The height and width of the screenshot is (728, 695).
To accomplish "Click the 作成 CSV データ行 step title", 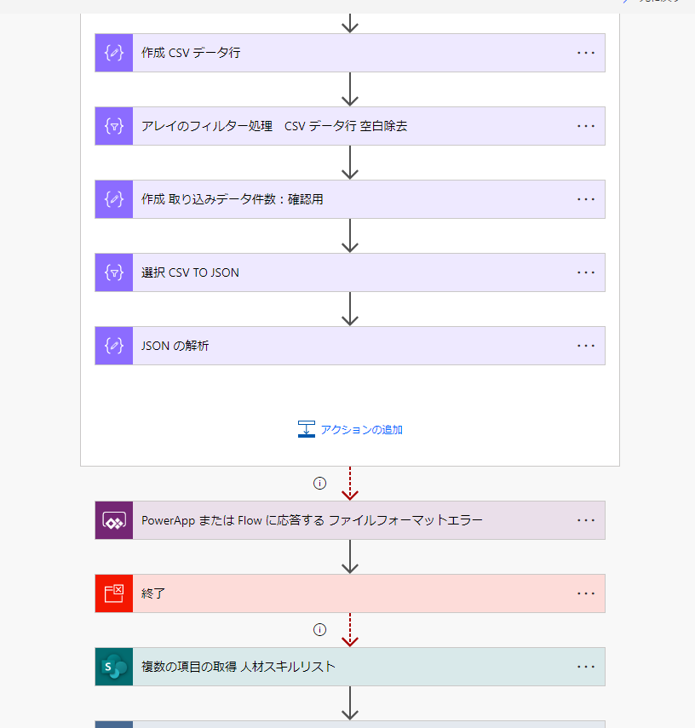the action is tap(191, 53).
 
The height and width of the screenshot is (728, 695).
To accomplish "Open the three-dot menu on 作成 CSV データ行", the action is tap(586, 53).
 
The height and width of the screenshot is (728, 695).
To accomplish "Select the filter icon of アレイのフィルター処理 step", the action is tap(114, 126).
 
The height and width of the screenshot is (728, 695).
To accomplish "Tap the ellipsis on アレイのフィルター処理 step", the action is tap(586, 126).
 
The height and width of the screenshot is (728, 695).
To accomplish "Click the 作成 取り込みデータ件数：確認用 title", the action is tap(233, 199).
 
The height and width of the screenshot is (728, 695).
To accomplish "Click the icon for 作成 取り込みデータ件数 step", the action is tap(114, 199).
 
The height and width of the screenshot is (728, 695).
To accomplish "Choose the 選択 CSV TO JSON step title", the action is tap(190, 272).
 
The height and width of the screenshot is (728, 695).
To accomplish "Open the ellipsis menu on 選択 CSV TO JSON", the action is tap(586, 272).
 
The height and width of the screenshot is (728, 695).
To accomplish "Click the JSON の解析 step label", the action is tap(175, 346).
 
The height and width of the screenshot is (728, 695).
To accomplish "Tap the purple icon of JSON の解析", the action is tap(114, 346).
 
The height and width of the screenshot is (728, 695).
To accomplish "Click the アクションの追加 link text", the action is tap(361, 430).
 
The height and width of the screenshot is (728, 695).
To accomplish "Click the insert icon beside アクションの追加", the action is tap(306, 429).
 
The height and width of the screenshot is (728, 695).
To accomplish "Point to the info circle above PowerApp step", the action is tap(319, 484).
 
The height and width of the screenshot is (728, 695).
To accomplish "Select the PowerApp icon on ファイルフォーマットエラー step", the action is tap(114, 520).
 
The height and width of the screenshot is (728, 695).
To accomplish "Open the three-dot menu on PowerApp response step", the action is tap(586, 520).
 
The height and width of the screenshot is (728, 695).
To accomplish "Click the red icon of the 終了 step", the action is tap(114, 593).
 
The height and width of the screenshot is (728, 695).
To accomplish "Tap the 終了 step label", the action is tap(152, 593).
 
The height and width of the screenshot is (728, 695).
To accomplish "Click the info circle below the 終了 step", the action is tap(319, 629).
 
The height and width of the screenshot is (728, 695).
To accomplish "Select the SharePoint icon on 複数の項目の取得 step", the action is tap(114, 667).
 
